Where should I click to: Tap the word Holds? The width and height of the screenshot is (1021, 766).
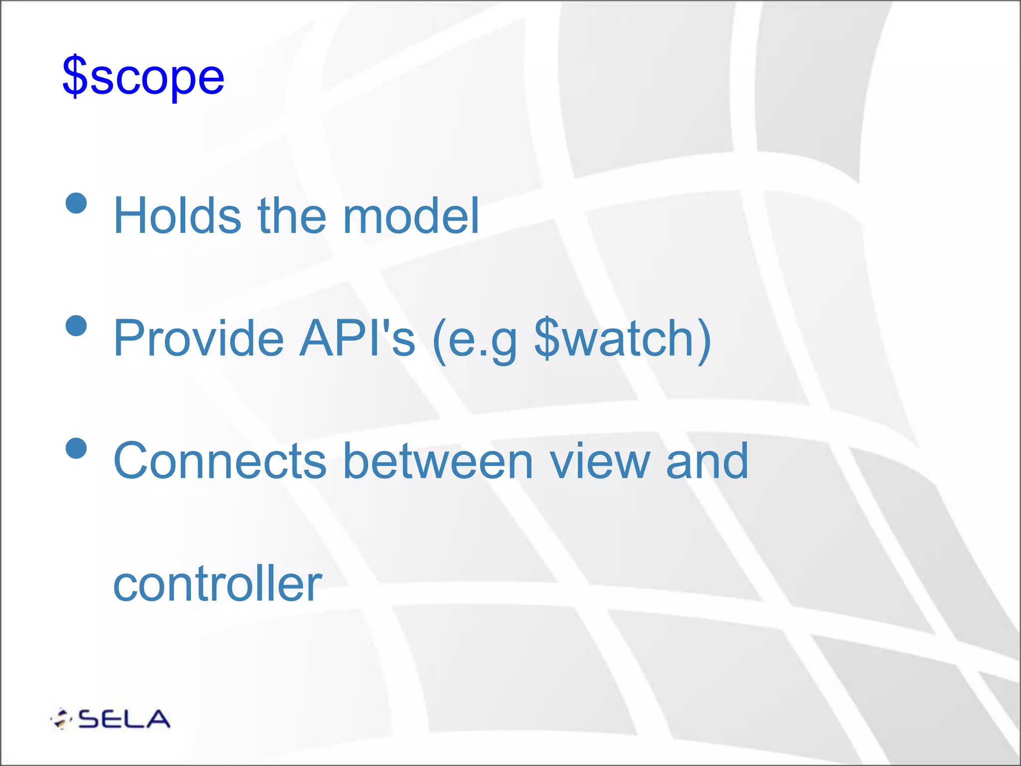point(177,215)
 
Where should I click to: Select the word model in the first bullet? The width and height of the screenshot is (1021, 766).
point(411,215)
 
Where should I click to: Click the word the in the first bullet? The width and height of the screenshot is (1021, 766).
point(292,215)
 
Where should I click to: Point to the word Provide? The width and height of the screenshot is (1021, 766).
point(198,338)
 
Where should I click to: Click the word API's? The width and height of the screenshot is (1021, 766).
point(357,338)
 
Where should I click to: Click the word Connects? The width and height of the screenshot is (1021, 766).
point(220,461)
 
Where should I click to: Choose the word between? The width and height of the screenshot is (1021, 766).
point(438,461)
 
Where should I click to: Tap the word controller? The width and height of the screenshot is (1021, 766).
point(218,583)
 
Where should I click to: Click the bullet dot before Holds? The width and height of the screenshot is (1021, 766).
point(76,203)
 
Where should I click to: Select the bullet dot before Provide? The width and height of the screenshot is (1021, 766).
point(76,326)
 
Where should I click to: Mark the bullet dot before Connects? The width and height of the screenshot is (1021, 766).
point(76,448)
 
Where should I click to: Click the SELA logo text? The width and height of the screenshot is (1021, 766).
point(124,719)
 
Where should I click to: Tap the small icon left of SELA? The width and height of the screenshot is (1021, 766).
point(61,719)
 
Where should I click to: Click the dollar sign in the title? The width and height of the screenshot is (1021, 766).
point(75,76)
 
